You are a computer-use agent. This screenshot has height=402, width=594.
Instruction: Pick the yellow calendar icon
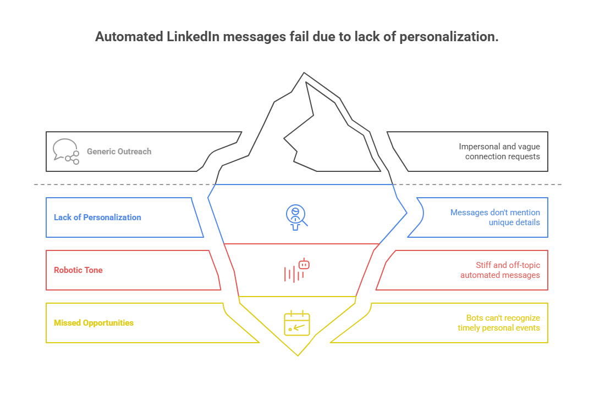[x=297, y=323]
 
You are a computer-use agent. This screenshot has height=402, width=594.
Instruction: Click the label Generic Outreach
[x=119, y=152]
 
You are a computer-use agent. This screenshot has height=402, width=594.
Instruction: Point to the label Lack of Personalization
[x=97, y=217]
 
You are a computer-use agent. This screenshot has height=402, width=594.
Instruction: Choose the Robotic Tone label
[x=78, y=270]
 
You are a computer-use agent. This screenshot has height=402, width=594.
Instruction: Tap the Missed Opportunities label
[x=94, y=323]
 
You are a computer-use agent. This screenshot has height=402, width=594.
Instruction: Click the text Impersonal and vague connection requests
[x=499, y=152]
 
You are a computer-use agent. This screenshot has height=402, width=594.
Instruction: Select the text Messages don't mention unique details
[x=495, y=217]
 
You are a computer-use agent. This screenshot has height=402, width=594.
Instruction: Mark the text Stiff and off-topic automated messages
[x=500, y=270]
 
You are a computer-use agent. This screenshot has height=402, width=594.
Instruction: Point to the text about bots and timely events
[x=499, y=323]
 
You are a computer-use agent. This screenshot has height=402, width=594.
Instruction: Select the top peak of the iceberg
[x=303, y=73]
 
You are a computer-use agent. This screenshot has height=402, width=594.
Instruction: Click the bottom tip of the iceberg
[x=298, y=355]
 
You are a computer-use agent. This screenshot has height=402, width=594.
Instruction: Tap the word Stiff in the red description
[x=485, y=265]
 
